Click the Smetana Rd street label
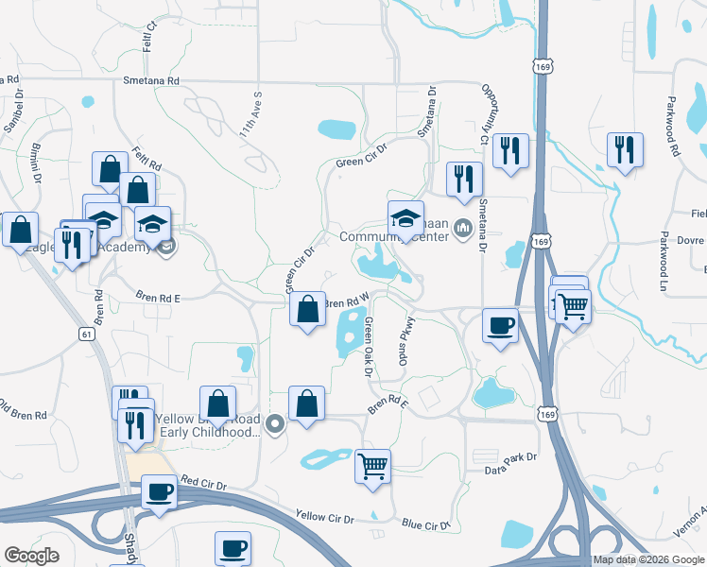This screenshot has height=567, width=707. [151, 81]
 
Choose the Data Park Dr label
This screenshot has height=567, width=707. [510, 456]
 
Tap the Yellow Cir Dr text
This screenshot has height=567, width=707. [324, 518]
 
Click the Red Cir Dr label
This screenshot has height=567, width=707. [206, 484]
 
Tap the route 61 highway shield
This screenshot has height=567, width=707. [87, 334]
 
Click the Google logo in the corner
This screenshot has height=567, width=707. [31, 555]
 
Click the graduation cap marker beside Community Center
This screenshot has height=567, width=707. [405, 217]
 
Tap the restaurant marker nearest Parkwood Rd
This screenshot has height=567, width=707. [625, 149]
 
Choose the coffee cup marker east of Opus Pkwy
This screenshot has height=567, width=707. [500, 325]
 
